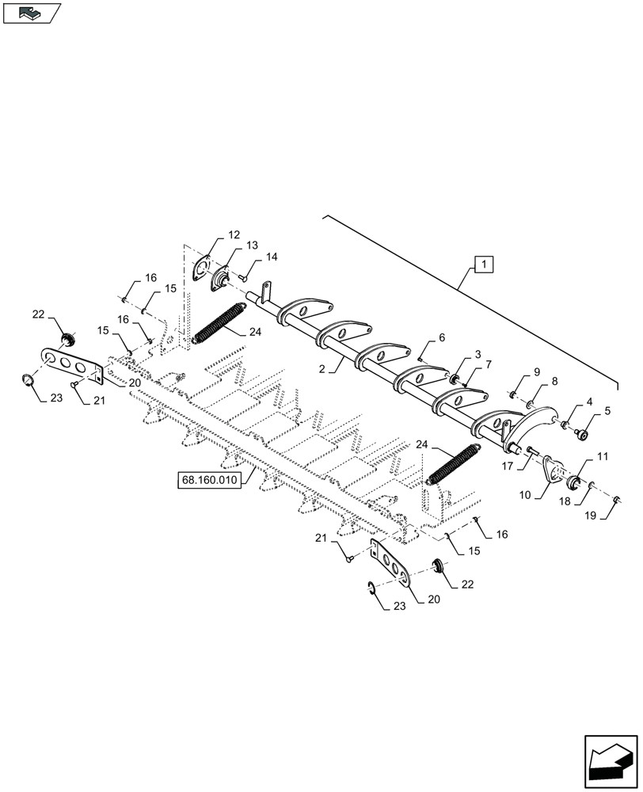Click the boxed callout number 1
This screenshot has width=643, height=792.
pyautogui.click(x=484, y=264)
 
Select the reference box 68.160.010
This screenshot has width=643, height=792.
pyautogui.click(x=210, y=480)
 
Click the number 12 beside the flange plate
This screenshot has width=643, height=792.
pyautogui.click(x=234, y=235)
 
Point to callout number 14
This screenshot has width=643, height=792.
pyautogui.click(x=272, y=257)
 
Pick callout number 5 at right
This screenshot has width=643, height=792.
pyautogui.click(x=607, y=410)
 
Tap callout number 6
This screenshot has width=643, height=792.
pyautogui.click(x=441, y=337)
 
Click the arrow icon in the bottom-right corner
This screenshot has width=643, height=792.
pyautogui.click(x=609, y=758)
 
